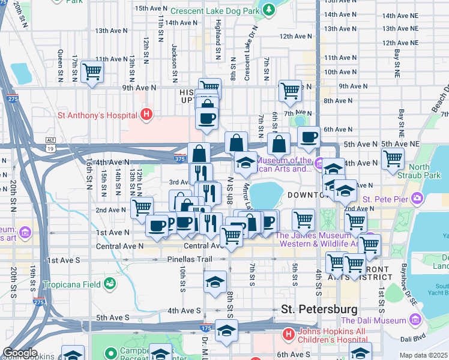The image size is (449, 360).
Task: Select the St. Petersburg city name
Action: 319,310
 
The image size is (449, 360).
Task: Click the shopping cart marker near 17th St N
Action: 92,72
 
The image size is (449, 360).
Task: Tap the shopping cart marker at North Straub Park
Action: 393,160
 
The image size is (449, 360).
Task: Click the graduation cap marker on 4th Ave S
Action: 215,283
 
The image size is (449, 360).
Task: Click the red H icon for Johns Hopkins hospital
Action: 288,334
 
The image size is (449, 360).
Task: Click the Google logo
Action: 20,353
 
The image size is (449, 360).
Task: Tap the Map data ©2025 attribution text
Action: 423,355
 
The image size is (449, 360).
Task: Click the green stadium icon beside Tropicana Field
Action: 109,283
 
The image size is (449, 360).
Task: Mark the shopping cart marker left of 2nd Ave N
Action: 142,208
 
